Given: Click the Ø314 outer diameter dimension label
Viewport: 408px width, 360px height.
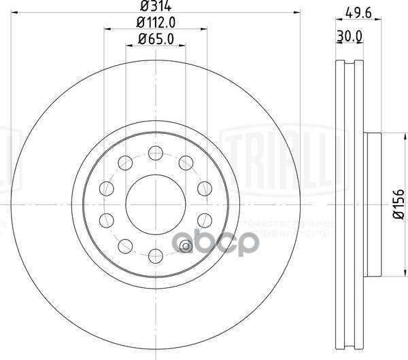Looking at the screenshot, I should [155, 7].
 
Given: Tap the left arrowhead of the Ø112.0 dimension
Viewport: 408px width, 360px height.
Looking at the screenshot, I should [107, 29].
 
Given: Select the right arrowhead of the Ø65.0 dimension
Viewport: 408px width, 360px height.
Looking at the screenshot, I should [183, 46].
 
